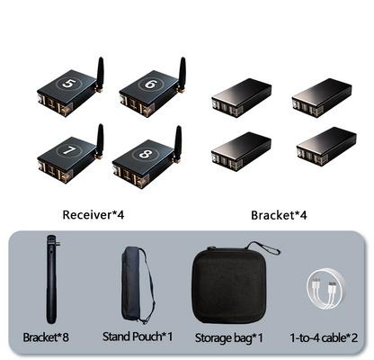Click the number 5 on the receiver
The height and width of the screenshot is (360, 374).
coord(68,84)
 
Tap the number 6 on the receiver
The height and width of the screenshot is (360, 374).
coord(150,85)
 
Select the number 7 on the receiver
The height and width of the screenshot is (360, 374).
coord(69,150)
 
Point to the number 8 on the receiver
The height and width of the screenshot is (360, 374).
coord(146,154)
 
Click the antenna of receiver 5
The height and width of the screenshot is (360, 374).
coord(100,75)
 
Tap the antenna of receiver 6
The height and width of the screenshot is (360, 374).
coord(182,75)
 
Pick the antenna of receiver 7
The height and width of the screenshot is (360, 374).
coord(100,141)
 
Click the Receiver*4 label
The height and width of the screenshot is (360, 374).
coord(93,215)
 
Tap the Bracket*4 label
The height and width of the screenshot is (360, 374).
coord(279,215)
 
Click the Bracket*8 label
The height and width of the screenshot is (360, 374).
coord(46,337)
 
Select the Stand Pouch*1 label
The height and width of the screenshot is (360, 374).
coord(138,337)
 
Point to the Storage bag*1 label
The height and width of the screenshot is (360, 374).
coord(229,338)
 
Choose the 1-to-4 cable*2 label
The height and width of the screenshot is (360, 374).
coord(324,338)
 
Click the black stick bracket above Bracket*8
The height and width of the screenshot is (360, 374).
coord(51,279)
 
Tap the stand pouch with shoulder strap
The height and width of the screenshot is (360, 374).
coord(138,285)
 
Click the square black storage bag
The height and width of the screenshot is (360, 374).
coord(229,285)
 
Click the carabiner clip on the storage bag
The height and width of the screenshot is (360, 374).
coord(263,247)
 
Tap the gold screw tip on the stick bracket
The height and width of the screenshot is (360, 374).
coord(58,244)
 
